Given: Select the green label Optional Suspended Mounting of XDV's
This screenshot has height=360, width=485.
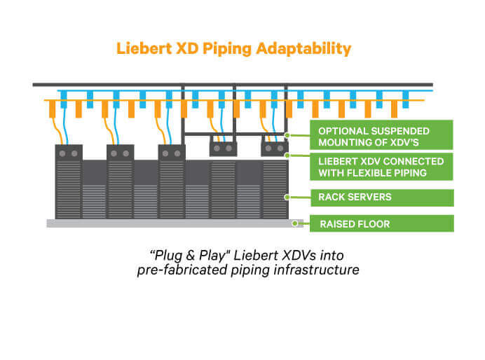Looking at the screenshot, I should tap(382, 135).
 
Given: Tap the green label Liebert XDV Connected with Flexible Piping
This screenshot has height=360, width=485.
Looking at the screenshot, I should tap(382, 166).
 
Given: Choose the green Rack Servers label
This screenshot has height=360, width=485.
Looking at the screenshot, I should tap(382, 198).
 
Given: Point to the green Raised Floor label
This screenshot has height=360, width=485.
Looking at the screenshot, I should tap(382, 224).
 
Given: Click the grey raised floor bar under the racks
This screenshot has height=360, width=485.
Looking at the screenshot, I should tap(168, 223).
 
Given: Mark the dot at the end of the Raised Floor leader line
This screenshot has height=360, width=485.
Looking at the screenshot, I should tap(296, 224).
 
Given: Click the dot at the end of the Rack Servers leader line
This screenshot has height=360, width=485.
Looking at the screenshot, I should tap(287, 198).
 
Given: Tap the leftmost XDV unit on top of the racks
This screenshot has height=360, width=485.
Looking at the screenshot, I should tap(69, 153).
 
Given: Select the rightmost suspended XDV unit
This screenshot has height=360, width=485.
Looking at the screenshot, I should tap(275, 148).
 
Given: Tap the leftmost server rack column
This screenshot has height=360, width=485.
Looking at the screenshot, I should tap(69, 189).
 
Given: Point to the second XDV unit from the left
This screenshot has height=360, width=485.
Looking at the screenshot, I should tap(121, 153).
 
